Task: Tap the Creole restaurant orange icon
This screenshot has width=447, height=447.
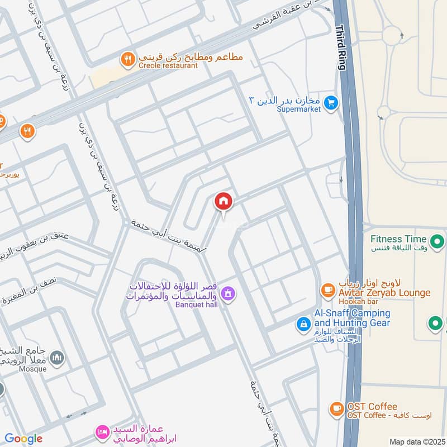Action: pos(129,58)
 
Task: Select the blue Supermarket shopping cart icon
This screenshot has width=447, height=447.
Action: pos(331,103)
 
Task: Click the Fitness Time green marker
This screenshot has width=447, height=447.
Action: pos(438,242)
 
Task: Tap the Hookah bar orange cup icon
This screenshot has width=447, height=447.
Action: pos(327,290)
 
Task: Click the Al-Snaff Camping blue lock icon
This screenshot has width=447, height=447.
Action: pos(303,324)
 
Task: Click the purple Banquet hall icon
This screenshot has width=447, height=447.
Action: pos(227,293)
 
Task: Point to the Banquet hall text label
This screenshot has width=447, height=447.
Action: pos(196,305)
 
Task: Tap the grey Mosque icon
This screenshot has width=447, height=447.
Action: pos(56,358)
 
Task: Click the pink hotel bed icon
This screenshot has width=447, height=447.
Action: pos(102,431)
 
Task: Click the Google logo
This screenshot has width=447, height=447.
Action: pos(23,439)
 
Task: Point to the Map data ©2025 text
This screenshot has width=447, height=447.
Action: pos(416,441)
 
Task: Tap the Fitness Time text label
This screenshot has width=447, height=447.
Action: pos(398,239)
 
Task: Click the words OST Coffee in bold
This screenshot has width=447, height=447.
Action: pos(372,406)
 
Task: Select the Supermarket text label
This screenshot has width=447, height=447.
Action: pos(298,110)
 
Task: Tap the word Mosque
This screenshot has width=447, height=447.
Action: pos(34,370)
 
